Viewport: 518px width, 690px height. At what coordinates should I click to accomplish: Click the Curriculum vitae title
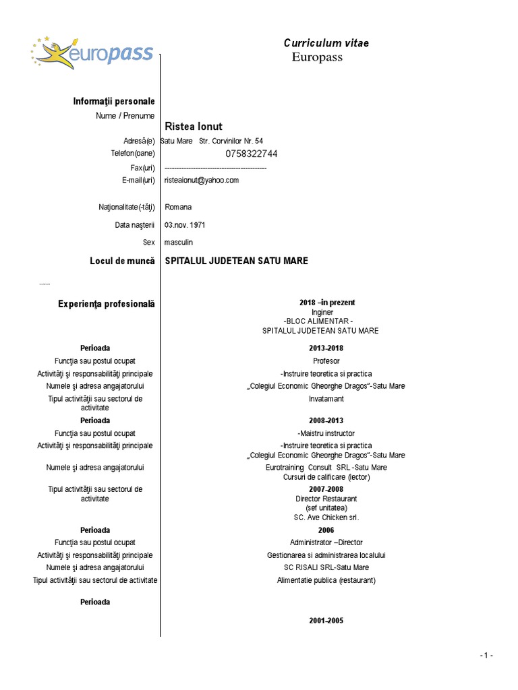click(x=326, y=43)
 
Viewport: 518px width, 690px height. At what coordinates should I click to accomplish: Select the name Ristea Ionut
click(x=194, y=127)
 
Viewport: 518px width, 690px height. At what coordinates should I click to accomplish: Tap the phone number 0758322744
click(x=251, y=154)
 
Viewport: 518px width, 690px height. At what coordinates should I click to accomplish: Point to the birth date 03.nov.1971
click(x=185, y=225)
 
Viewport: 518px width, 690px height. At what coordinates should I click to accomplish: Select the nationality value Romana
click(x=178, y=208)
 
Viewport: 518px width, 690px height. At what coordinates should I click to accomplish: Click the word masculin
click(x=179, y=243)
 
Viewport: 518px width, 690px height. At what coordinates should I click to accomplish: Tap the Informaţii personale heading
click(x=114, y=101)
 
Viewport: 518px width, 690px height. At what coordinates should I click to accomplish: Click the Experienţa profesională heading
click(x=107, y=304)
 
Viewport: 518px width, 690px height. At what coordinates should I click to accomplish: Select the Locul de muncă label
click(x=122, y=261)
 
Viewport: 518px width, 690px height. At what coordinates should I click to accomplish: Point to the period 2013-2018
click(x=326, y=348)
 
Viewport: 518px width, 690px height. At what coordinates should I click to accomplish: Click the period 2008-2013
click(x=326, y=421)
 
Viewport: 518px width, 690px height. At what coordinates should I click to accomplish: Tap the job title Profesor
click(x=326, y=361)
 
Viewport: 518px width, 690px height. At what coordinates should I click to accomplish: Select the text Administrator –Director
click(x=326, y=542)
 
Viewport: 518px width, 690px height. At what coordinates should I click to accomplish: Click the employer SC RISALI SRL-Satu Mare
click(x=326, y=567)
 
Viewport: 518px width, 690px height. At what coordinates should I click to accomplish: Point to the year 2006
click(x=326, y=530)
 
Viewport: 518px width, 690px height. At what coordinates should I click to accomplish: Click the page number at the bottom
click(x=486, y=656)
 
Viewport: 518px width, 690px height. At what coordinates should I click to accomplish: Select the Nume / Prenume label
click(x=125, y=116)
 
